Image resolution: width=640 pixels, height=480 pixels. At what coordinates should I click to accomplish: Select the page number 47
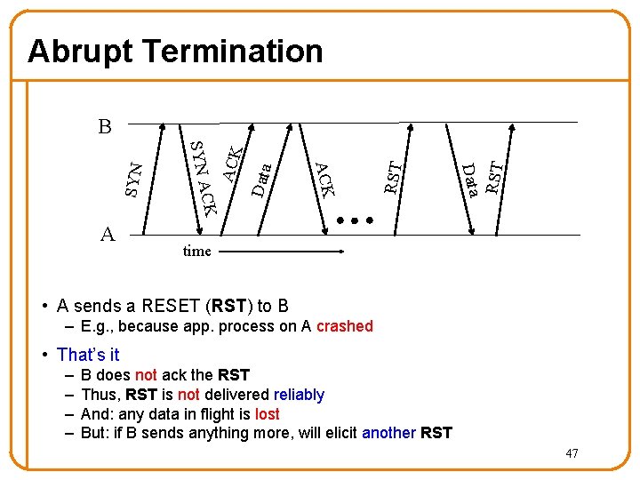point(572,454)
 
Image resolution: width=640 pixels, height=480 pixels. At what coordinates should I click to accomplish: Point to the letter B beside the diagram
point(104,127)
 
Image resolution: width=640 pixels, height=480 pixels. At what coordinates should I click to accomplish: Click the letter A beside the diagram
point(107,234)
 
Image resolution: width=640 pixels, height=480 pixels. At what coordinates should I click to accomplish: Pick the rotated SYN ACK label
point(204,179)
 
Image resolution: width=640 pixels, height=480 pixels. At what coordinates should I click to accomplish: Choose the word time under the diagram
point(196,252)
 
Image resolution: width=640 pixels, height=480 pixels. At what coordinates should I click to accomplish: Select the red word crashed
point(344,326)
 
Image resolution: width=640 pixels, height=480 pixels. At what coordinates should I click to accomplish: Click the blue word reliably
point(299,395)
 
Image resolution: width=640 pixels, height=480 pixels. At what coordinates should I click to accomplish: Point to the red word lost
point(267,414)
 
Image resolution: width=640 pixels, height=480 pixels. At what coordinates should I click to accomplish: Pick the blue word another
point(388,434)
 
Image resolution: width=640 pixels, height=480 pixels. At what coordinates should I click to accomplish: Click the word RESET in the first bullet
point(171,307)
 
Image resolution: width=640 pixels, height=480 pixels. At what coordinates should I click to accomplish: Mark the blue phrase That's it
point(88,355)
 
